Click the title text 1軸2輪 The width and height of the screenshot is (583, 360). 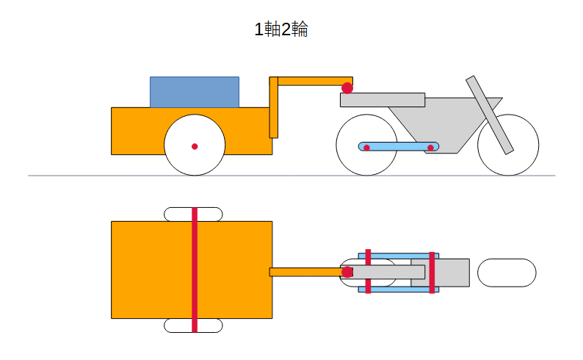coord(281,29)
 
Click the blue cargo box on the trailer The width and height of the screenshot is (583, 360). coord(195,93)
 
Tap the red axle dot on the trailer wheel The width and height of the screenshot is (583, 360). coord(195,146)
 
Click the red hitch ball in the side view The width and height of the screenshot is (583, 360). coord(347,88)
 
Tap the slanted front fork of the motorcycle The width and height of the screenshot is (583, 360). coord(490,115)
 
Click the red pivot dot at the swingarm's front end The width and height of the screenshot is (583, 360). coord(430,148)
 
